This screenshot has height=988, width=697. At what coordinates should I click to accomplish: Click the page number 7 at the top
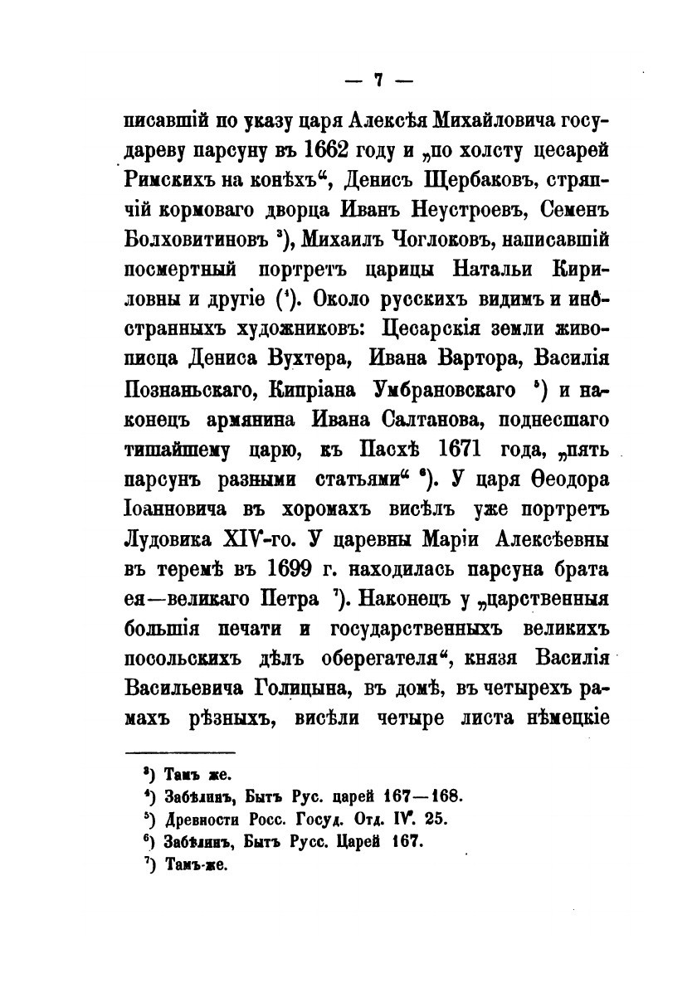tap(378, 80)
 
